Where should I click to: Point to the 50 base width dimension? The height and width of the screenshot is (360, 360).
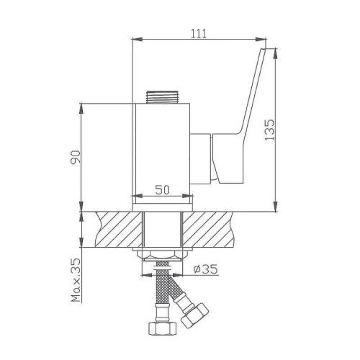163,191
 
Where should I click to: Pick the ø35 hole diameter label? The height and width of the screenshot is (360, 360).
206,271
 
